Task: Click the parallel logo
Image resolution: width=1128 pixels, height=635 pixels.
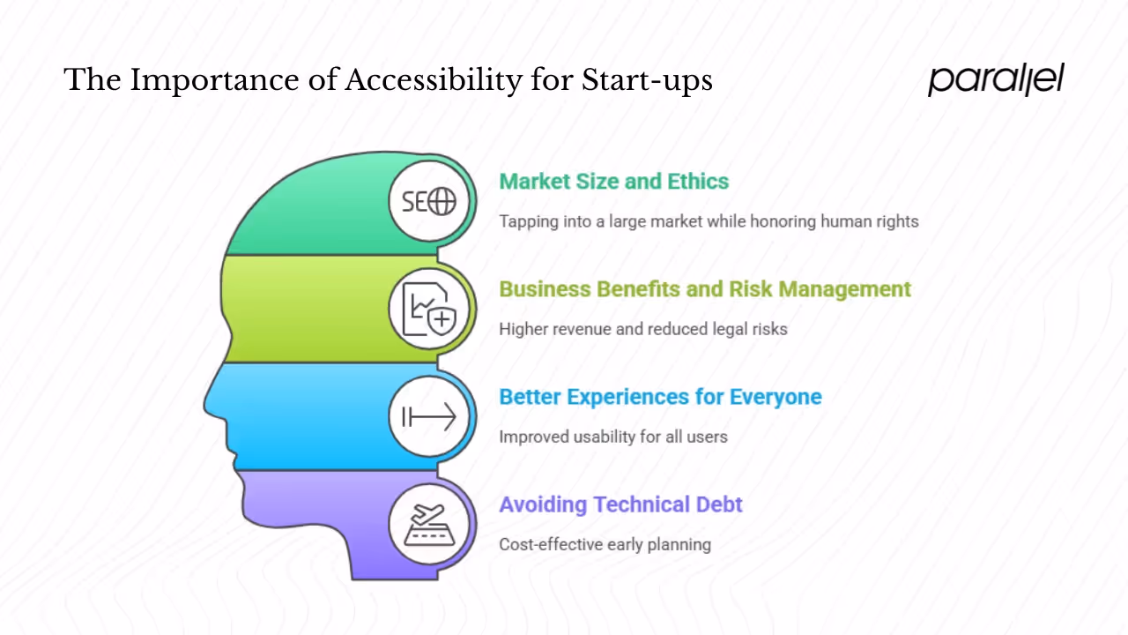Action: (x=996, y=79)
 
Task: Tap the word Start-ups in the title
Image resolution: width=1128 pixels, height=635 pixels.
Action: (x=647, y=81)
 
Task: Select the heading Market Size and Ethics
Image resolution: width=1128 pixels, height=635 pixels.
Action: (x=613, y=182)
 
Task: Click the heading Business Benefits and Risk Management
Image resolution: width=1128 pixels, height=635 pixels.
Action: (x=704, y=289)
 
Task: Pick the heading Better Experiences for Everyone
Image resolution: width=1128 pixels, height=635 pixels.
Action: (x=660, y=397)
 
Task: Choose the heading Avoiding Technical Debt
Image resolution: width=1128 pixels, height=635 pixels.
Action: (x=620, y=504)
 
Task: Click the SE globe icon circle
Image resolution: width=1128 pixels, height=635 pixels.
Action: (x=429, y=202)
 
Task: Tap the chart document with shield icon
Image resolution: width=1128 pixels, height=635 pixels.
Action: (x=429, y=310)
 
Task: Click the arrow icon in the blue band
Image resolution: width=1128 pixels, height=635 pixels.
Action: (x=429, y=416)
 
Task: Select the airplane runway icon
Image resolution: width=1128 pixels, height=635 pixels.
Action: (x=429, y=524)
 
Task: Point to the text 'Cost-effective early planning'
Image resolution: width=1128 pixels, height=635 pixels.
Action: (x=605, y=544)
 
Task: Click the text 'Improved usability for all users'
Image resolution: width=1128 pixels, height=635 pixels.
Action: (x=612, y=437)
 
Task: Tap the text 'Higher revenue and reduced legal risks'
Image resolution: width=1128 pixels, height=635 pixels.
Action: (x=642, y=329)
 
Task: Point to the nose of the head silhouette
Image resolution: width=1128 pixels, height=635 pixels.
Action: (x=210, y=406)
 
